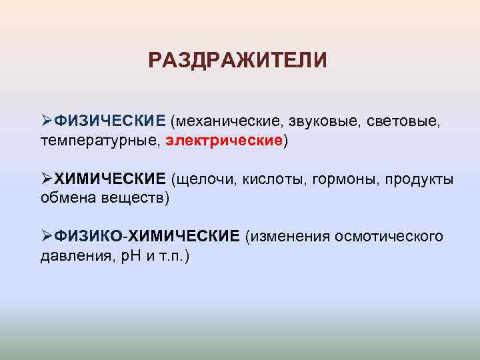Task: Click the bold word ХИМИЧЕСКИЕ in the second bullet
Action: coord(109,179)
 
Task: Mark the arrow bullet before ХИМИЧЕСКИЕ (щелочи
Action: coord(46,179)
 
